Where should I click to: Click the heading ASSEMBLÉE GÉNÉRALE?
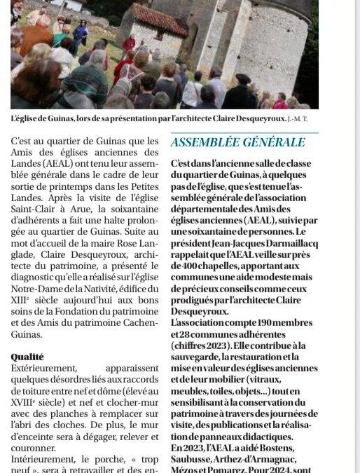237,142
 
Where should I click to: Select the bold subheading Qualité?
27,357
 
